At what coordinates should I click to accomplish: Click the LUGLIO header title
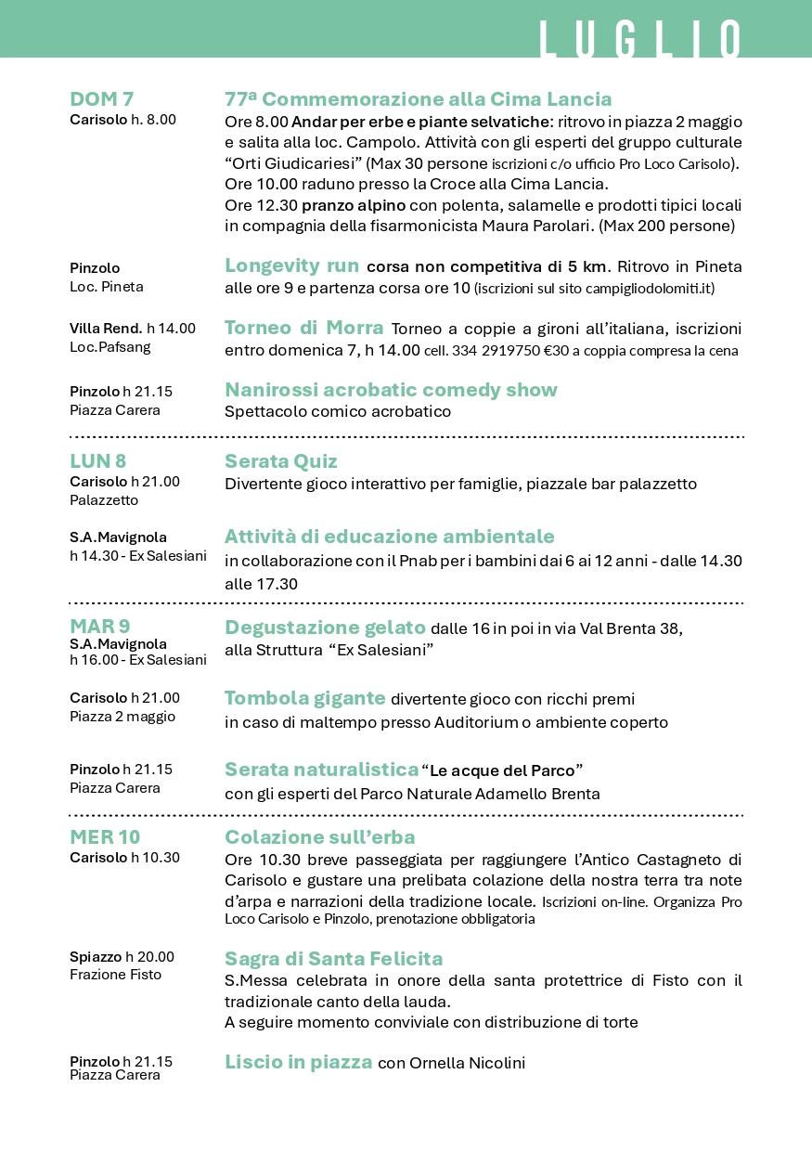640,39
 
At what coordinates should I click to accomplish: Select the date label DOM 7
102,99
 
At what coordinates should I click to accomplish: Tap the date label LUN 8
98,461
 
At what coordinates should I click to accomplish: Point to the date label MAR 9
100,627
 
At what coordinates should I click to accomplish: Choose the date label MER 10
105,837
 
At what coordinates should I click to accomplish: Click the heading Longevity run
291,265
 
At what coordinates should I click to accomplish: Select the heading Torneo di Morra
303,328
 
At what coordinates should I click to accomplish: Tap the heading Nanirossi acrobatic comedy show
391,390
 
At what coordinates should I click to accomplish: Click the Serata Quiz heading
281,461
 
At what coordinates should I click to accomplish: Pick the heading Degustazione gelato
325,628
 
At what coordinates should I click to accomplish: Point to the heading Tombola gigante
304,698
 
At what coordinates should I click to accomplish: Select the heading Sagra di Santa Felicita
333,959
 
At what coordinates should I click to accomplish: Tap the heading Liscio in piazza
298,1062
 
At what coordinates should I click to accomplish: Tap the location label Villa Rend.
106,328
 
